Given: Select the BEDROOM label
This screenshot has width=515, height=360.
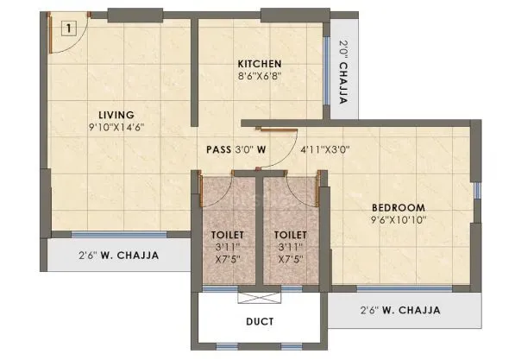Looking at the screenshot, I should (x=399, y=207).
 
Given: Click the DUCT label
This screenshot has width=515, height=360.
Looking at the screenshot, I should (x=259, y=322).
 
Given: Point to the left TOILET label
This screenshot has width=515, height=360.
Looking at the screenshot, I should (x=228, y=234).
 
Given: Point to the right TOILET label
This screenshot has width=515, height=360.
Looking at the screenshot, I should (x=289, y=234).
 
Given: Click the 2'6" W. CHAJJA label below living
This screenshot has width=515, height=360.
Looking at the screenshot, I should (x=117, y=255).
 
